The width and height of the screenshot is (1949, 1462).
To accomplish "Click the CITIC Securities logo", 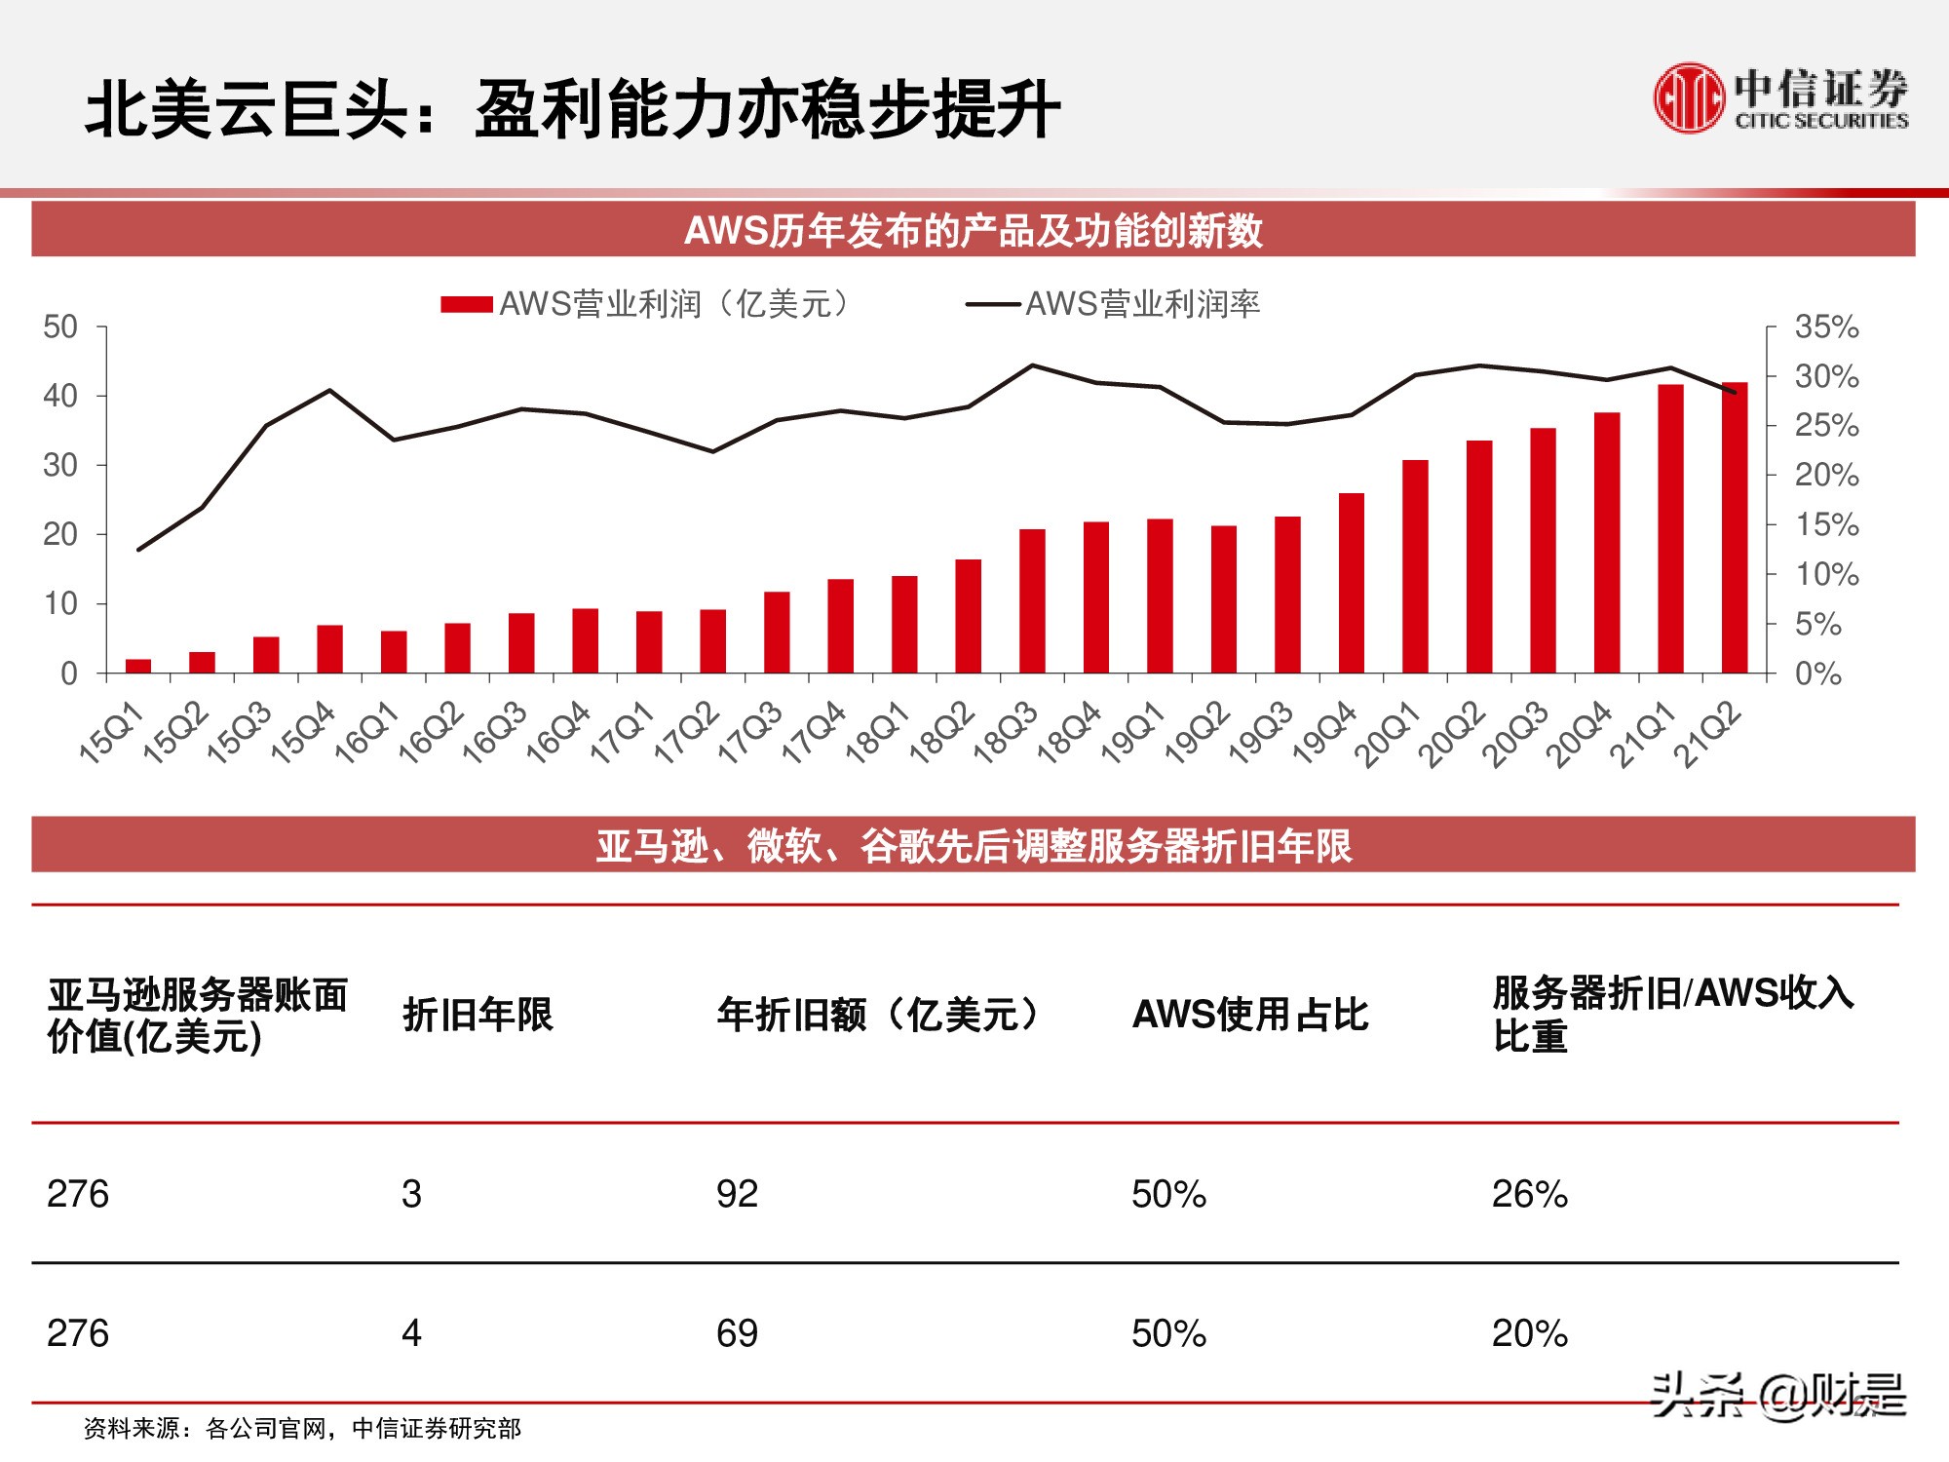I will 1780,97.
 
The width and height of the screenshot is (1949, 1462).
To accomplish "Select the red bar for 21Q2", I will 1735,527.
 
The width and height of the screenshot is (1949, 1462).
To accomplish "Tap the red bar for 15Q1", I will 138,666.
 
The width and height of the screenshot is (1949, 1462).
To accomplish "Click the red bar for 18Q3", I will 1032,600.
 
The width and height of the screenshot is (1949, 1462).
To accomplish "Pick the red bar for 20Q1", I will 1415,566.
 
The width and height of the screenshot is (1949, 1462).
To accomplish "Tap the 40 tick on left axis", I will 60,396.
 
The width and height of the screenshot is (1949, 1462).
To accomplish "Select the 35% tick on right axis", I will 1826,327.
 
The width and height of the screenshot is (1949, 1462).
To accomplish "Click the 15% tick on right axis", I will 1826,524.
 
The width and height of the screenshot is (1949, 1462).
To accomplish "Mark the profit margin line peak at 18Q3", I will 1032,365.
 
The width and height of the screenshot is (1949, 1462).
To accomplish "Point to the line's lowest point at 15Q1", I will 138,550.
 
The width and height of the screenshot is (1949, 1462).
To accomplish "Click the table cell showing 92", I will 737,1194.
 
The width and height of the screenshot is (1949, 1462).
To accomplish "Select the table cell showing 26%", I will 1529,1194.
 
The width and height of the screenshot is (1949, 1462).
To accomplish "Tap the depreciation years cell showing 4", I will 411,1333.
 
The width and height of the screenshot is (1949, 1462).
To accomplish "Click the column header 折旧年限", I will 478,1015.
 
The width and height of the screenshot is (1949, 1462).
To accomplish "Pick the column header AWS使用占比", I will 1249,1015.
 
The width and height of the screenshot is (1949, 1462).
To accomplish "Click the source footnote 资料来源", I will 302,1429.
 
